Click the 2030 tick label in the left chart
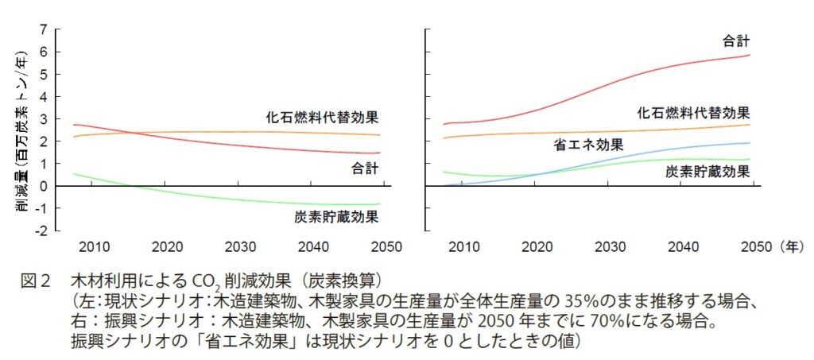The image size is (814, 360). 240,246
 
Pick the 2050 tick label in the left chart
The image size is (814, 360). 390,246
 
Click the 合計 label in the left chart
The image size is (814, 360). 366,168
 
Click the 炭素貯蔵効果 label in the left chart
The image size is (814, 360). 336,216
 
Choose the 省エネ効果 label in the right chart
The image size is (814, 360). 587,145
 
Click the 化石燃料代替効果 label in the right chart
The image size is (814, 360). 693,113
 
